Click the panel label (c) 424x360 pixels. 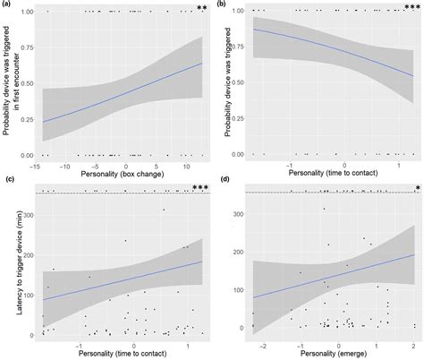pos(7,181)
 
